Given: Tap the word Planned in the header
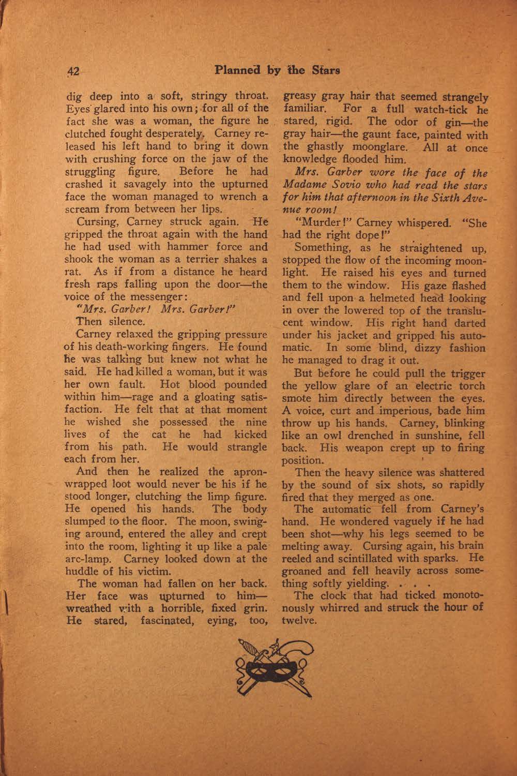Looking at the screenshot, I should [x=237, y=70].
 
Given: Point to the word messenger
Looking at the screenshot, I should [x=145, y=297].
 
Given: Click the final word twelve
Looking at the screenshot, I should [x=299, y=620].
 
